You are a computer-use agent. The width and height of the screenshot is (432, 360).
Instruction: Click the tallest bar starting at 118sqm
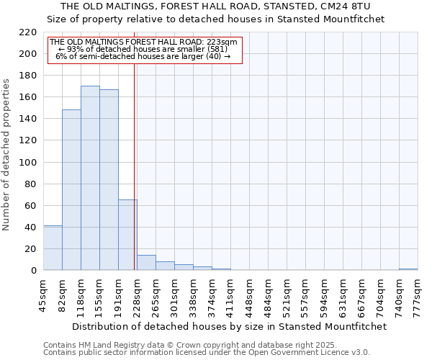[x=90, y=178]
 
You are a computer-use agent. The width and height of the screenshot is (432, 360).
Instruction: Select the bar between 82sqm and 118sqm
[x=71, y=190]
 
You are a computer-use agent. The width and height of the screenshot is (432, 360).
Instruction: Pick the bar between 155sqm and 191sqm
[x=109, y=180]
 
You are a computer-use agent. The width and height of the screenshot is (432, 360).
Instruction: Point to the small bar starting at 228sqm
[x=146, y=263]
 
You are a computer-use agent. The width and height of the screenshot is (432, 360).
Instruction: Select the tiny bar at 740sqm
[x=408, y=269]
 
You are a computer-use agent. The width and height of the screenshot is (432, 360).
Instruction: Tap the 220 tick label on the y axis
[x=28, y=32]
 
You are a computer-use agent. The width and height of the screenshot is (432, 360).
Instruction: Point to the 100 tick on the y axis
[x=28, y=162]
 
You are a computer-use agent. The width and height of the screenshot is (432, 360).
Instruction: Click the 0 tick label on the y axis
[x=34, y=271]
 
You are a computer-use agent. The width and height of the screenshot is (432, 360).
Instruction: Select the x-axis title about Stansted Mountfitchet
[x=230, y=326]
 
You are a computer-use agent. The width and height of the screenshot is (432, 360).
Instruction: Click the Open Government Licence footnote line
[x=207, y=352]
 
